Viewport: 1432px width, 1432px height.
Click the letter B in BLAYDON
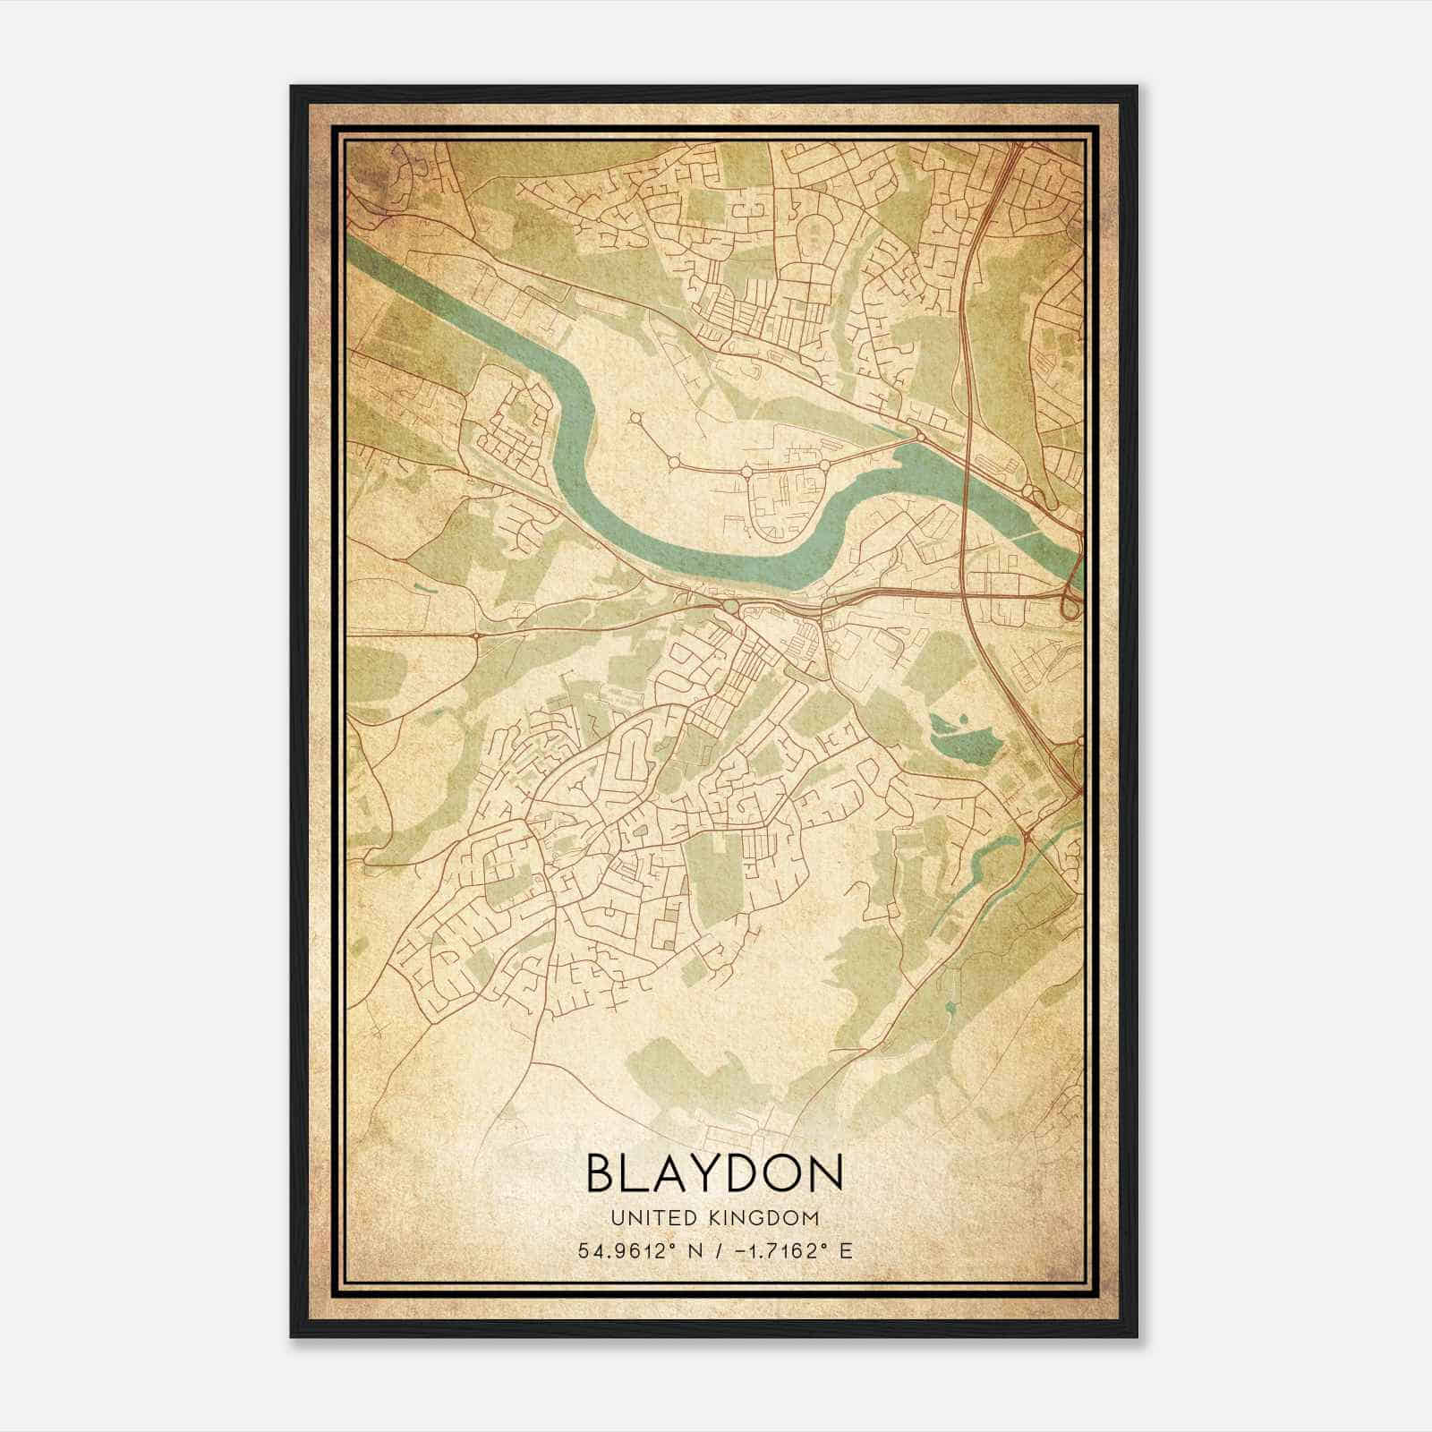[602, 1172]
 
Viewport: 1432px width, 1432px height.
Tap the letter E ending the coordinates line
[846, 1250]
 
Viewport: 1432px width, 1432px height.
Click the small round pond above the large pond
[962, 717]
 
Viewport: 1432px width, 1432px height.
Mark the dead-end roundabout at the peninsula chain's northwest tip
[635, 417]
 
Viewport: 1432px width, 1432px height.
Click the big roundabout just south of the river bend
[731, 608]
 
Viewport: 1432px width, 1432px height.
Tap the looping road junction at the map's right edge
[1070, 606]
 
